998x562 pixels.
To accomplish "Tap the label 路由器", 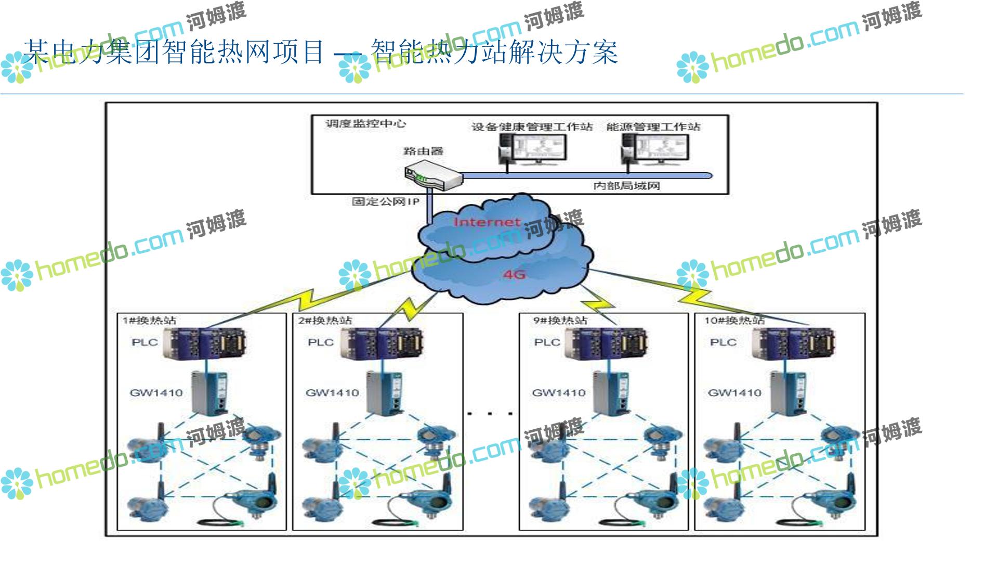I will point(423,151).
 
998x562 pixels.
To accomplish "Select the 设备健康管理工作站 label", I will point(532,127).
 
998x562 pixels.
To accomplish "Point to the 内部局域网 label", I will point(626,186).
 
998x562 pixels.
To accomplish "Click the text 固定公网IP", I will point(385,201).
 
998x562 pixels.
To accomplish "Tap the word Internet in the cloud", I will point(487,222).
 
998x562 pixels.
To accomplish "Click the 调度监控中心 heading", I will point(365,124).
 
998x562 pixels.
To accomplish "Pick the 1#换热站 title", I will point(149,321).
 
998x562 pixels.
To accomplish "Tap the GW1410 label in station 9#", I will point(559,393).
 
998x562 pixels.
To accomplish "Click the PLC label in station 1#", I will point(145,342).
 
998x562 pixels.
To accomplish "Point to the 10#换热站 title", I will point(734,321).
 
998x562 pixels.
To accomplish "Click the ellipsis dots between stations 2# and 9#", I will point(490,414).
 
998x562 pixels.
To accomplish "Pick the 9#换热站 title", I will point(560,321).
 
